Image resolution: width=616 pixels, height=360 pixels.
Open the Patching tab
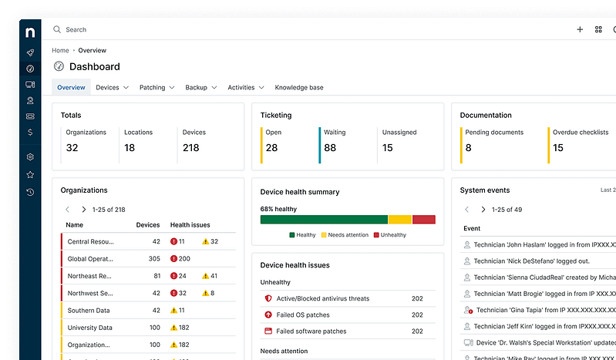153,88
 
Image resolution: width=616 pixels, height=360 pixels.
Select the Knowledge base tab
299,88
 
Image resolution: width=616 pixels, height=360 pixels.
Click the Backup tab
196,88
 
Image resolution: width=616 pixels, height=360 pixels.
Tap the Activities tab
241,88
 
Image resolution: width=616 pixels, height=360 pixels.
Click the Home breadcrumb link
60,50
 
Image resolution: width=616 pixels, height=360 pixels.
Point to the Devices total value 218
190,148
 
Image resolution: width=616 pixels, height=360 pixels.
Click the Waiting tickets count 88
330,148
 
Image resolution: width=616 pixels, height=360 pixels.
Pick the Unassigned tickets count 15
387,148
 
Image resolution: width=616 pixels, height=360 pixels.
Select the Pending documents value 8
468,148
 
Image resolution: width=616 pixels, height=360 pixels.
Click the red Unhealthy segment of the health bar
423,220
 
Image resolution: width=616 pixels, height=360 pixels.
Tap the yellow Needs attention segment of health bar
399,220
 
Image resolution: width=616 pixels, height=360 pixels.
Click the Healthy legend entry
302,235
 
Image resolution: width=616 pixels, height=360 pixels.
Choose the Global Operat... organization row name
89,259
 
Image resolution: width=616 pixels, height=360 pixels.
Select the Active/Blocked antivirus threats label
322,298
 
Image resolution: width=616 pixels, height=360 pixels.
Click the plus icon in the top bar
580,30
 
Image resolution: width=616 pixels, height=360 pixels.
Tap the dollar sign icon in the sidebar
30,132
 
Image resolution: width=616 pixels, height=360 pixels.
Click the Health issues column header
190,225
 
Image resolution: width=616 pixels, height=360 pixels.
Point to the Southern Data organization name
89,311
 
